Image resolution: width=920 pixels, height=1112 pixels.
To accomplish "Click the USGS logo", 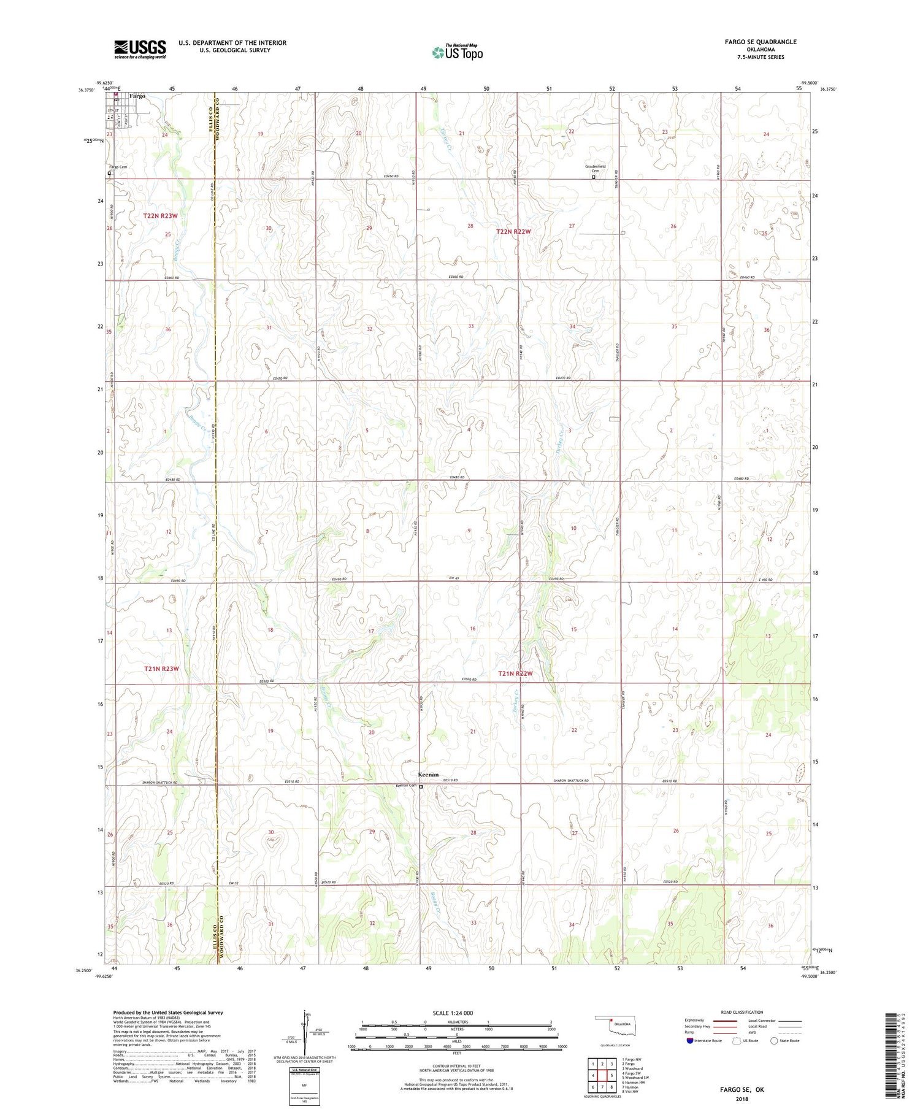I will [x=140, y=49].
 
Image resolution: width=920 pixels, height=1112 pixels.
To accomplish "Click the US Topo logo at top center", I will [x=457, y=52].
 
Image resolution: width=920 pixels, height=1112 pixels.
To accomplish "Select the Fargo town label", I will [x=137, y=96].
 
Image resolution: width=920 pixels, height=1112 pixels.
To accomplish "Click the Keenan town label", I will [x=429, y=774].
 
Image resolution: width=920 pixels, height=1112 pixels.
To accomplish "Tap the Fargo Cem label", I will [x=118, y=167].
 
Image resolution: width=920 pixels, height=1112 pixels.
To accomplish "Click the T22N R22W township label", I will [x=513, y=232].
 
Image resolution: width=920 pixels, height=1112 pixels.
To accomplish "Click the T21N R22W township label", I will [x=515, y=673].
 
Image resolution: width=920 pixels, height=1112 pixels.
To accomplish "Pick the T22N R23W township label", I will [x=160, y=216].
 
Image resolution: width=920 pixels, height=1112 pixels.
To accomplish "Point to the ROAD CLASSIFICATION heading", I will [x=742, y=1012].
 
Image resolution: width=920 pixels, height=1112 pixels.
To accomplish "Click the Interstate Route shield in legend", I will [x=689, y=1041].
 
